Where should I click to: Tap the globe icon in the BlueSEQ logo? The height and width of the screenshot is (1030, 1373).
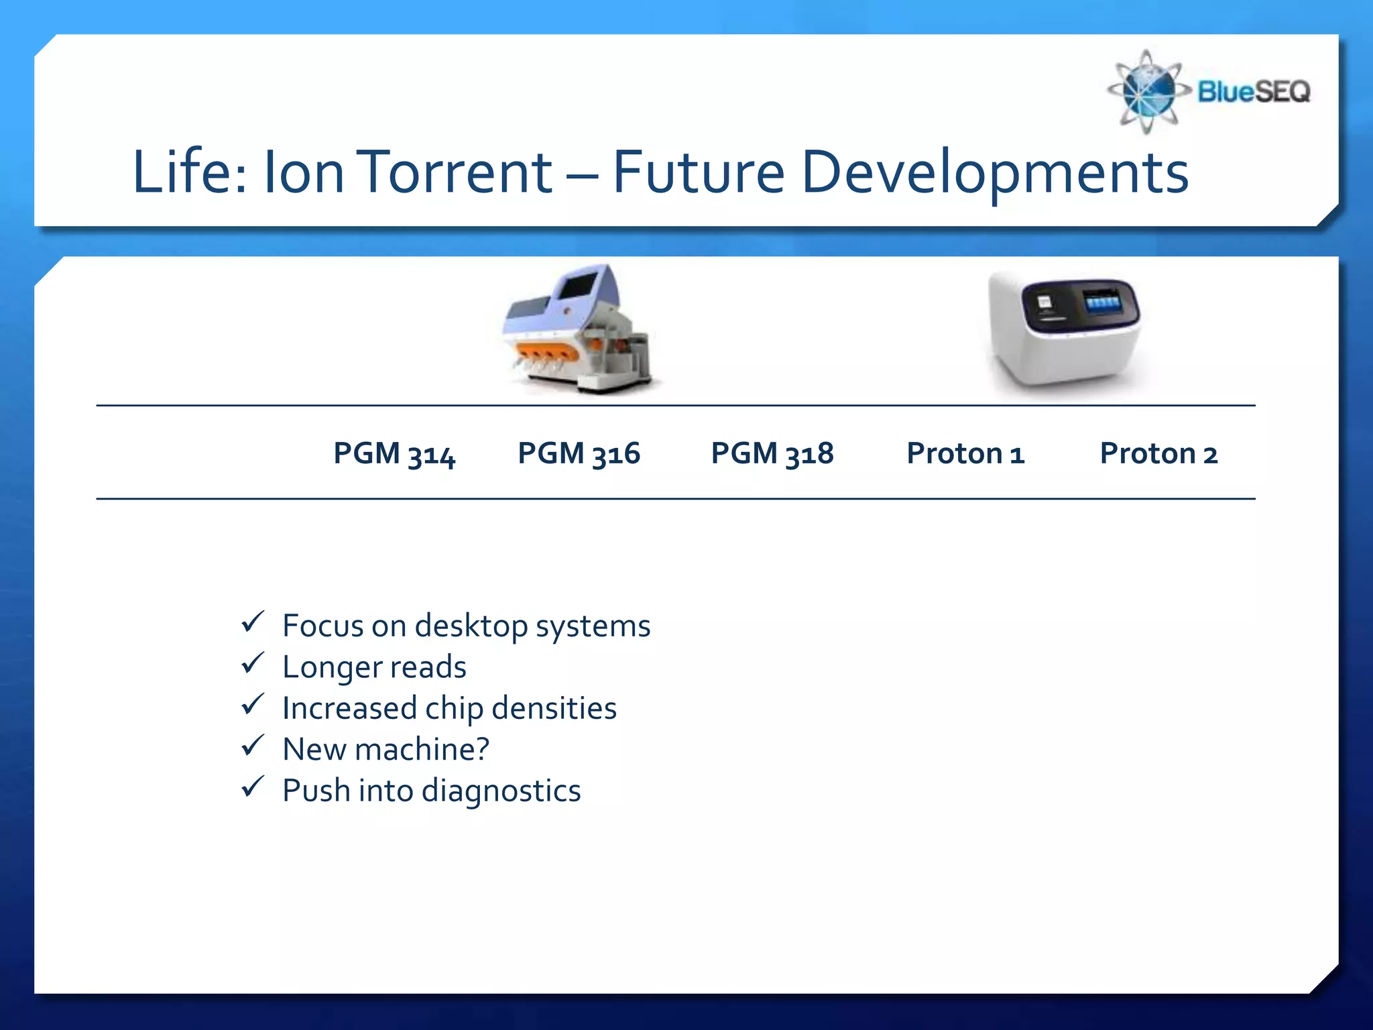tap(1148, 92)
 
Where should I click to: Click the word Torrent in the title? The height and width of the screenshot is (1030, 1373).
tap(455, 172)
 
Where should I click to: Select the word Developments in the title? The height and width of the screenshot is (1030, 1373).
tap(995, 172)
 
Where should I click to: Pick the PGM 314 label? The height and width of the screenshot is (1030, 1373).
tap(394, 454)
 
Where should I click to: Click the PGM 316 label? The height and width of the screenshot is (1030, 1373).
tap(579, 454)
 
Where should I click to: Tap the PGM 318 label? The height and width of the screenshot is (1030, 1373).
tap(772, 454)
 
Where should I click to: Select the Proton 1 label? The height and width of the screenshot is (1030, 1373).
tap(965, 454)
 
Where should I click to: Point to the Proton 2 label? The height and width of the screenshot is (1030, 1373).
tap(1158, 454)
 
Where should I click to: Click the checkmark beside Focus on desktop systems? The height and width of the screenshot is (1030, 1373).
tap(253, 622)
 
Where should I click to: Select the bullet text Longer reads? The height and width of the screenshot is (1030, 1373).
tap(373, 667)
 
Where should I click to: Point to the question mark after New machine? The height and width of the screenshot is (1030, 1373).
tap(481, 749)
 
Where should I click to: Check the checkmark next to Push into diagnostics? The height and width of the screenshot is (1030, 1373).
tap(253, 787)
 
